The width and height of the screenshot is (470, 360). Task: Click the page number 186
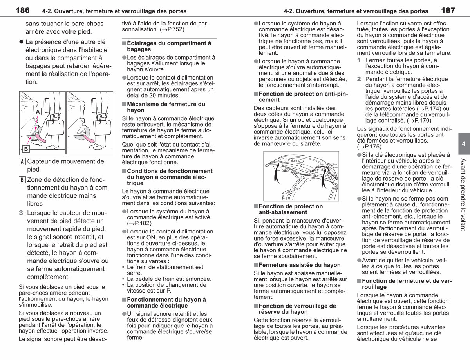coord(22,10)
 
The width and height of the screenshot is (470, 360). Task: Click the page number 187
coord(448,10)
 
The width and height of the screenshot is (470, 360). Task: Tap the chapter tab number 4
coord(463,144)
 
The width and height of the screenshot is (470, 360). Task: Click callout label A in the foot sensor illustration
coord(38,112)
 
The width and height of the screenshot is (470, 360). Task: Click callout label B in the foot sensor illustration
coord(26,149)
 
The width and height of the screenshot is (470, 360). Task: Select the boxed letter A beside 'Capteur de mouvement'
coord(22,161)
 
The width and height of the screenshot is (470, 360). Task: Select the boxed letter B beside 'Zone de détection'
coord(22,180)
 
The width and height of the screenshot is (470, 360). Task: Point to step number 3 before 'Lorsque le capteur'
coord(21,213)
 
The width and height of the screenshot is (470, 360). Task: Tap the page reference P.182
coord(141,223)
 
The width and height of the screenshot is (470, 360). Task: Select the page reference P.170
coord(421,121)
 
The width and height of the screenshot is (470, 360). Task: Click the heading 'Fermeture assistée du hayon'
coord(300,265)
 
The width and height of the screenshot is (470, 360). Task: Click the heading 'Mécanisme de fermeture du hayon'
coord(166,107)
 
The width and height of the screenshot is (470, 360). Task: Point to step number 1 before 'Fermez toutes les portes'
coord(359,60)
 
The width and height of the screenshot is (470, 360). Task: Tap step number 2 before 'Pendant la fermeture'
coord(359,79)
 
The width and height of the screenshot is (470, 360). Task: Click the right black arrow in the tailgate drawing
coord(324,178)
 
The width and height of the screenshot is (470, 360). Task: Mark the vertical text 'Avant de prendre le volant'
coord(463,195)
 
